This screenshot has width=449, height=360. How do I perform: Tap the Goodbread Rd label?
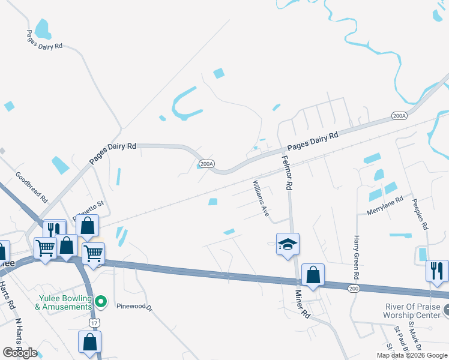point(31,187)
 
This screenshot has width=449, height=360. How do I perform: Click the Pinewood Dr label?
point(135,307)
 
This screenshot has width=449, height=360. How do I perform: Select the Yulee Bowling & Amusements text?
point(63,302)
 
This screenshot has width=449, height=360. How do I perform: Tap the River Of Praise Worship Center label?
point(412,311)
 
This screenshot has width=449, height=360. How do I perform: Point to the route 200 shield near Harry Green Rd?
point(354,289)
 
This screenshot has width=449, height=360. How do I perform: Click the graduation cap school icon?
point(288,244)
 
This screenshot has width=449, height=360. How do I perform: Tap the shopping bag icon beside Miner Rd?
point(313,275)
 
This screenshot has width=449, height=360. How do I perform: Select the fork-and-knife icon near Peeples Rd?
point(437,271)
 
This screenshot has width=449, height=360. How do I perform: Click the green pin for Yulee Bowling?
point(101,301)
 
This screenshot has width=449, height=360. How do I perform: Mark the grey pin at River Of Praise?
point(445,310)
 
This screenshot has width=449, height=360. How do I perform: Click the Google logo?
point(19,353)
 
